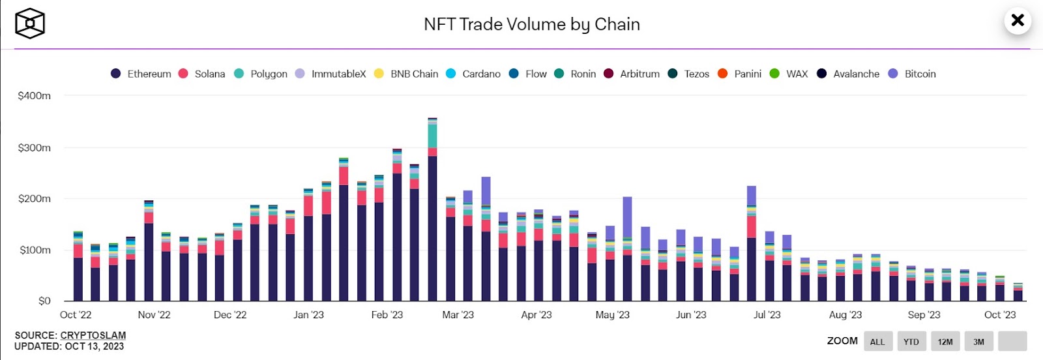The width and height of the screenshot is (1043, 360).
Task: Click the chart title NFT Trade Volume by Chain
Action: point(532,25)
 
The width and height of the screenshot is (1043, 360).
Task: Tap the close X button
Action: point(1017,20)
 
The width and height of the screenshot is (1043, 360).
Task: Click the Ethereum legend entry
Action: point(141,74)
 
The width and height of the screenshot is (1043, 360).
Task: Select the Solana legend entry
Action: point(202,74)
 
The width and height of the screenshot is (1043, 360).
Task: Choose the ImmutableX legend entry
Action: point(331,74)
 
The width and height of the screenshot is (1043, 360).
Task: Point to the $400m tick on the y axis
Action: point(35,96)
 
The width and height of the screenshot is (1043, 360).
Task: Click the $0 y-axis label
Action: point(44,301)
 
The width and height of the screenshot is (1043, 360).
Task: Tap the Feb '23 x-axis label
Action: point(387,315)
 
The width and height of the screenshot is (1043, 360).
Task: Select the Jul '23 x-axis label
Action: point(767,315)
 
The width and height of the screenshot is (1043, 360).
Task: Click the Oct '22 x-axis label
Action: point(76,315)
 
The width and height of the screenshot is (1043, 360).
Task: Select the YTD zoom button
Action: point(911,341)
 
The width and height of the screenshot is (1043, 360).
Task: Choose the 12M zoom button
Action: point(945,341)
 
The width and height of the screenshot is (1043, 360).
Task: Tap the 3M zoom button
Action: point(979,341)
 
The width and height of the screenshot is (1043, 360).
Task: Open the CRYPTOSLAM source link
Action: point(93,335)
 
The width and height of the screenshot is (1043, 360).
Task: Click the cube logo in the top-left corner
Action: point(30,23)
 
